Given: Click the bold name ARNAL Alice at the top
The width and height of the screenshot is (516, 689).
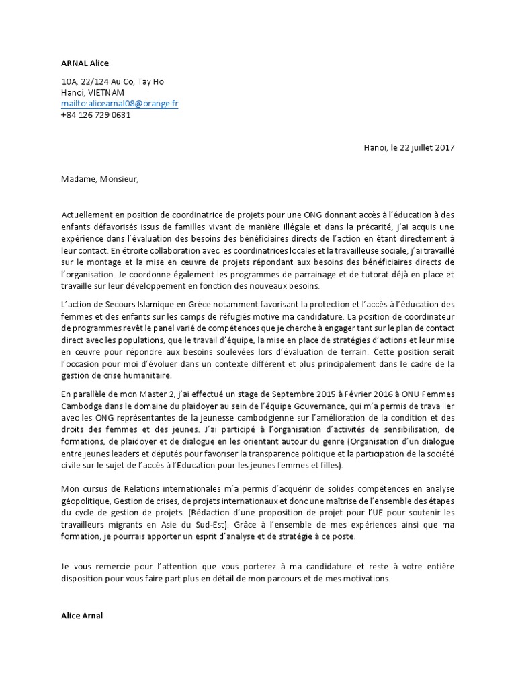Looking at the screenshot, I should pyautogui.click(x=85, y=63).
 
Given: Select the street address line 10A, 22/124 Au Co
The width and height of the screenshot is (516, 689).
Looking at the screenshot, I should pyautogui.click(x=112, y=81).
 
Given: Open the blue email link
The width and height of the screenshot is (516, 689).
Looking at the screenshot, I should pyautogui.click(x=120, y=104).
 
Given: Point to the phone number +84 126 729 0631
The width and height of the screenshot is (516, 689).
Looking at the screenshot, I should pyautogui.click(x=95, y=114).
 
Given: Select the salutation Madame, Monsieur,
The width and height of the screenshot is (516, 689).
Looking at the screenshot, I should pyautogui.click(x=99, y=178).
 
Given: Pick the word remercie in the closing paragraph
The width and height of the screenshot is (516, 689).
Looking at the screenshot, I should pyautogui.click(x=112, y=567).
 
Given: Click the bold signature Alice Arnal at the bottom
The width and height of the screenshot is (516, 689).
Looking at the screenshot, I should pyautogui.click(x=82, y=615).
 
